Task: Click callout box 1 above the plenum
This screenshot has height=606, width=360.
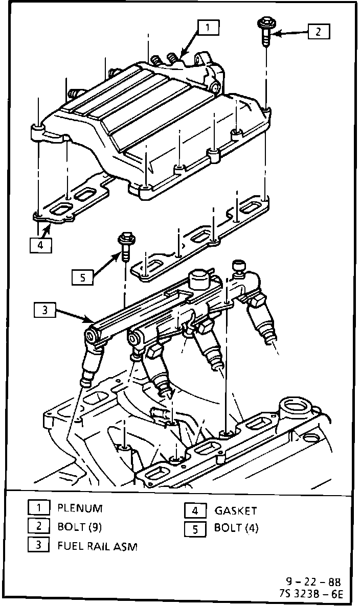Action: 209,27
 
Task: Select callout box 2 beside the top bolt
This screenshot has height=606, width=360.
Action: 318,32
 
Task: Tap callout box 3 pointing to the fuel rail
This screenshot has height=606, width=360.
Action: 45,310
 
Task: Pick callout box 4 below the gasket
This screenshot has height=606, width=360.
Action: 40,245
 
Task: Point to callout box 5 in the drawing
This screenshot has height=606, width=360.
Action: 82,277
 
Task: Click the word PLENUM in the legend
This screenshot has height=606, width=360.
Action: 80,508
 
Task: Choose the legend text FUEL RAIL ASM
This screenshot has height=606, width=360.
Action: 97,546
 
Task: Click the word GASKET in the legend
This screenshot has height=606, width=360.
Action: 236,510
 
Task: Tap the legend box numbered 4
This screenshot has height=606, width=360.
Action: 195,510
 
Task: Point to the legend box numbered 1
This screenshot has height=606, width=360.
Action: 38,508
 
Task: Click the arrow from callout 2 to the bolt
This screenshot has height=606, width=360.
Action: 289,34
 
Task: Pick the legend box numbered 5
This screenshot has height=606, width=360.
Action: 195,529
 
